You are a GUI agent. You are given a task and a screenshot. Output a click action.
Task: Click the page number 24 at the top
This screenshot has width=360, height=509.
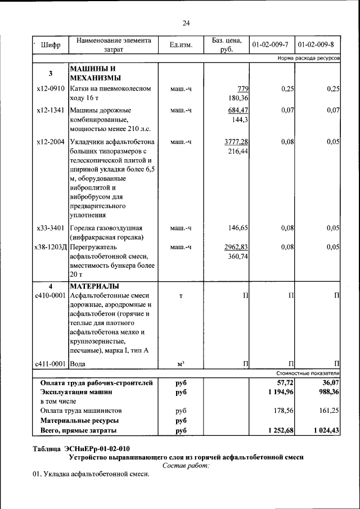click(x=186, y=23)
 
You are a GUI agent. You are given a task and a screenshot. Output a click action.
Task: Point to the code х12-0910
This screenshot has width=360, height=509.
click(x=51, y=89)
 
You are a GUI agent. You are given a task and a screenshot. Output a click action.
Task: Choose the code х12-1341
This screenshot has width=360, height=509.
click(x=51, y=110)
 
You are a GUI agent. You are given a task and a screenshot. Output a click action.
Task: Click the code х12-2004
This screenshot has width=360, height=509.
click(x=51, y=142)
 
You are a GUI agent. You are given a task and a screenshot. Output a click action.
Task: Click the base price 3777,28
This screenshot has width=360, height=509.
click(x=236, y=142)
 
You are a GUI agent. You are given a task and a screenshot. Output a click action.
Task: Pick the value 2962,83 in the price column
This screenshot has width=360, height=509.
click(x=236, y=246)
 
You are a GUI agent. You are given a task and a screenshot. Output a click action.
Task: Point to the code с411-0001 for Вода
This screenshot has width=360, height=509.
click(x=51, y=364)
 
